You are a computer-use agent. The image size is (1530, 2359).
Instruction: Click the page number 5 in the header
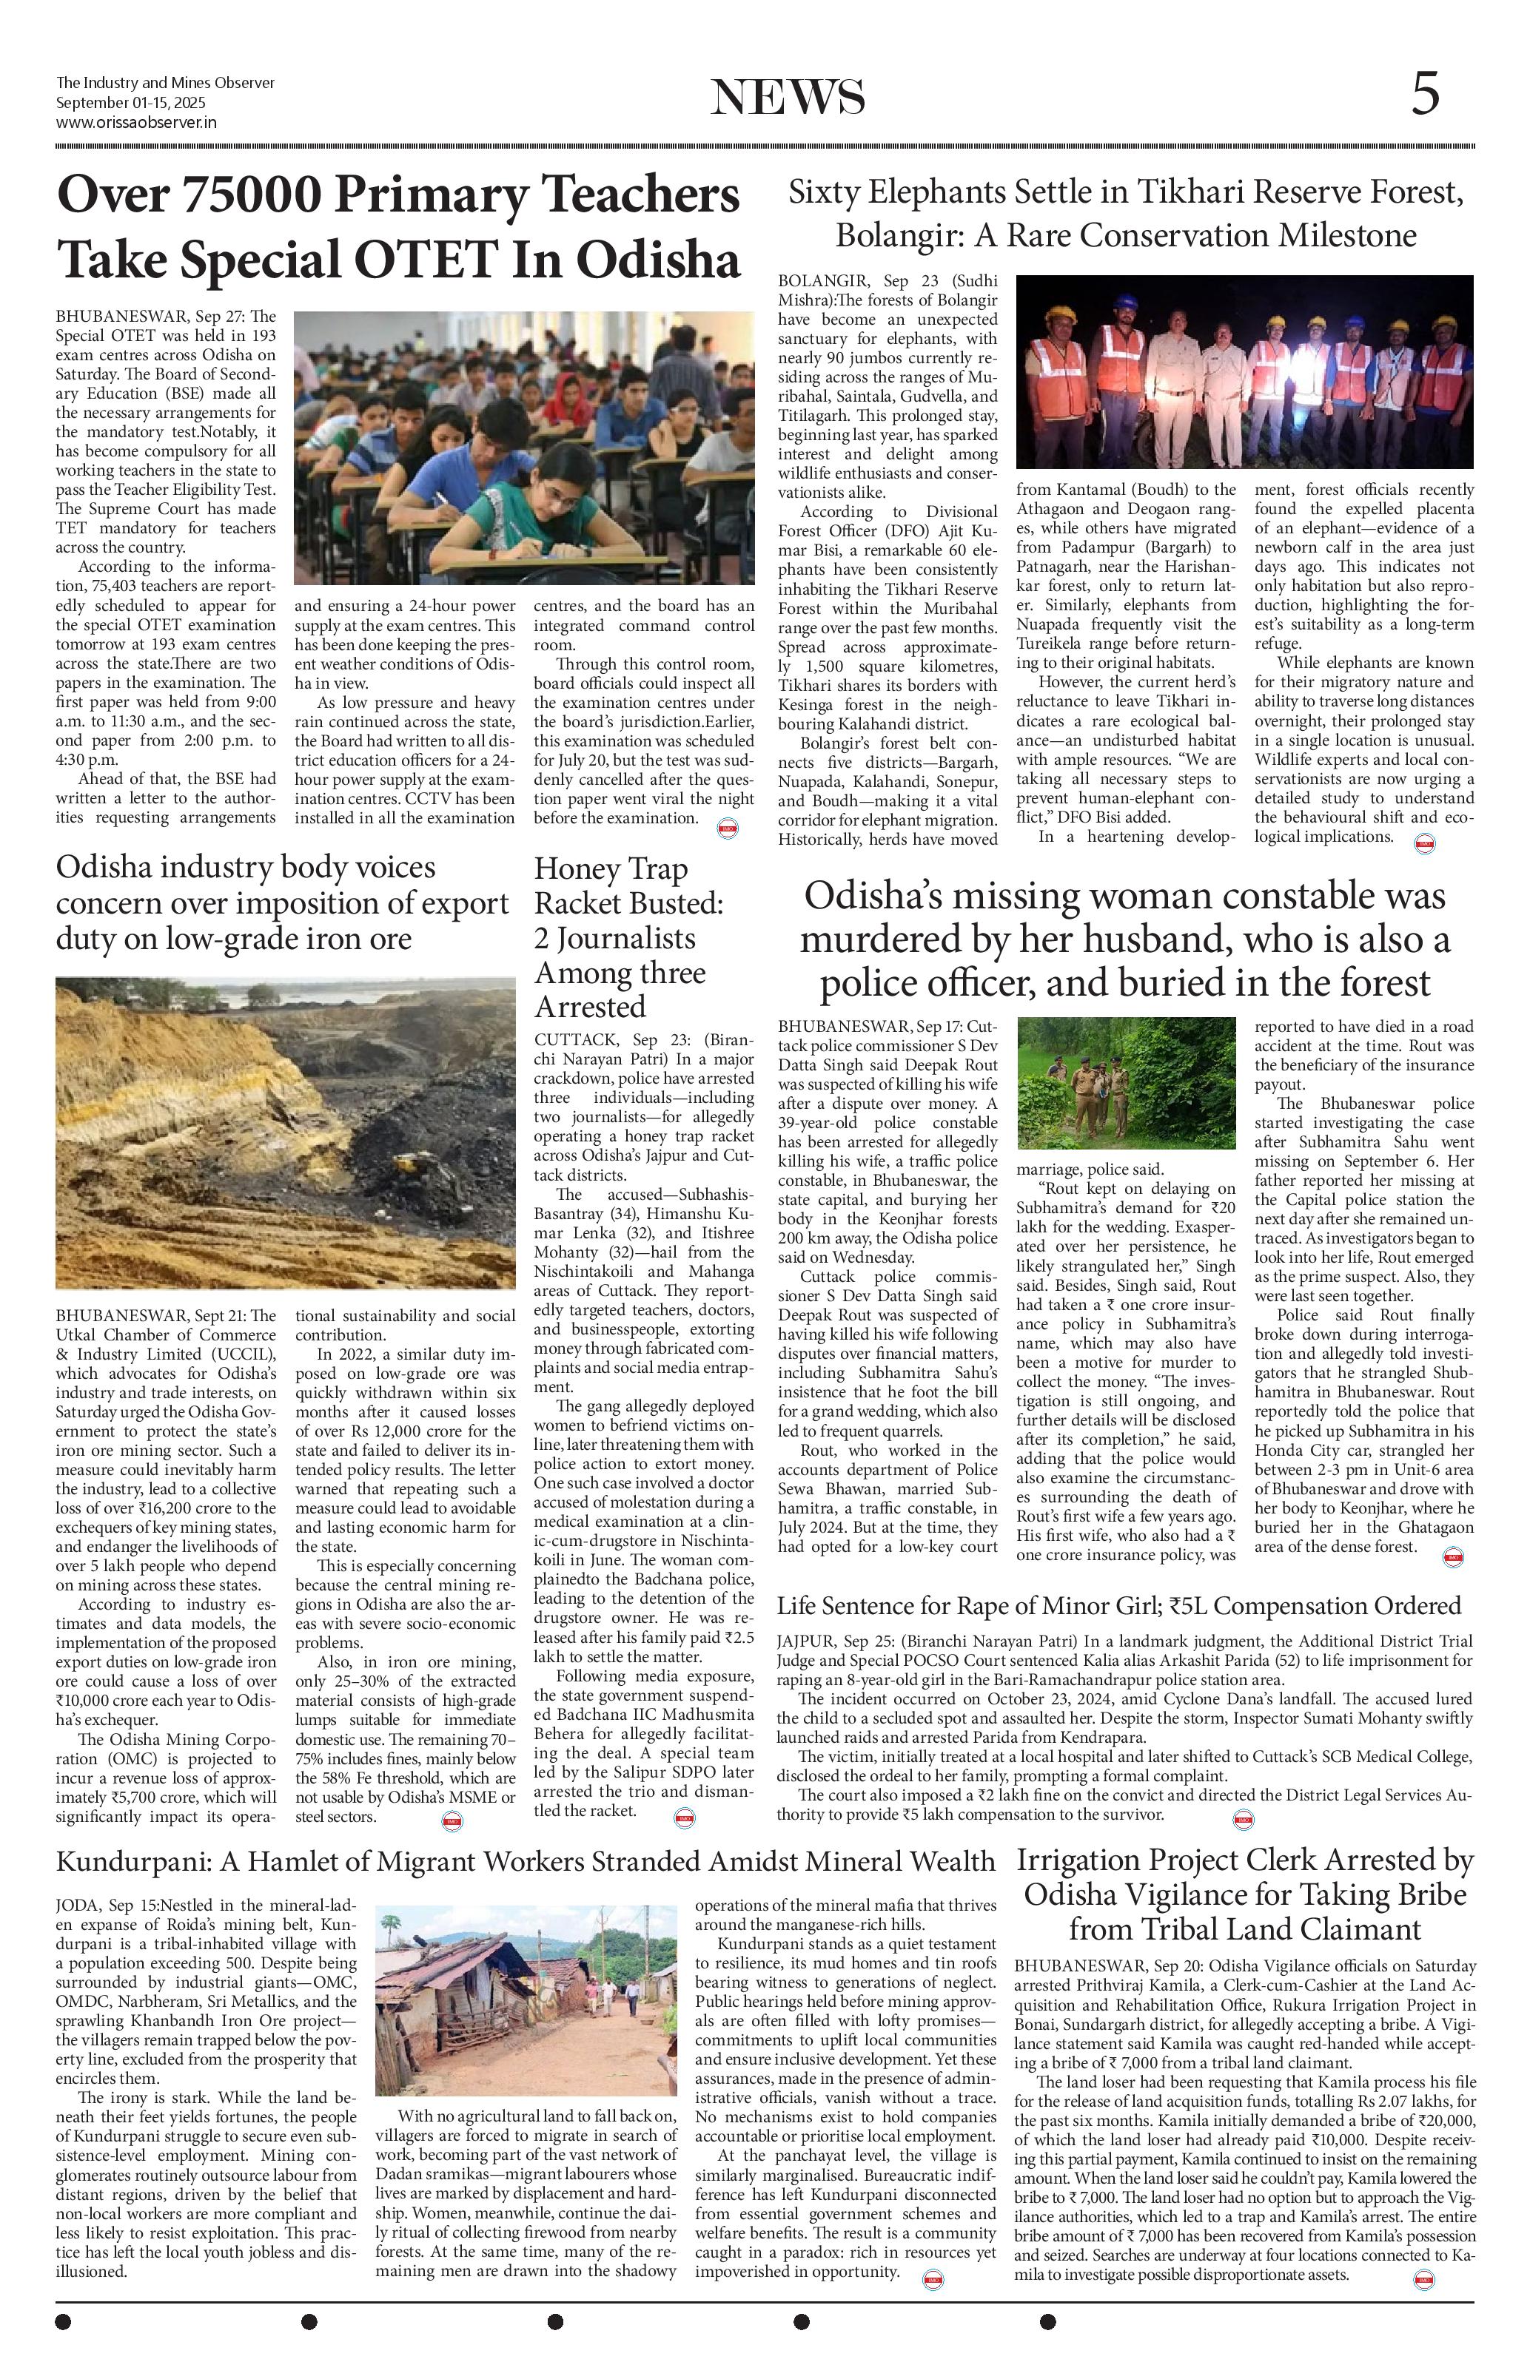click(1425, 96)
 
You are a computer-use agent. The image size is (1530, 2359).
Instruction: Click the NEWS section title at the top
click(788, 97)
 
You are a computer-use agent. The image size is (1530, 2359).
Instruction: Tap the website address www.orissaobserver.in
click(136, 123)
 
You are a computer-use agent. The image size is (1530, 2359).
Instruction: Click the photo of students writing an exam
click(523, 448)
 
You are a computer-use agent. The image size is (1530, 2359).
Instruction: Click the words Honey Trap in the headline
click(610, 870)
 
